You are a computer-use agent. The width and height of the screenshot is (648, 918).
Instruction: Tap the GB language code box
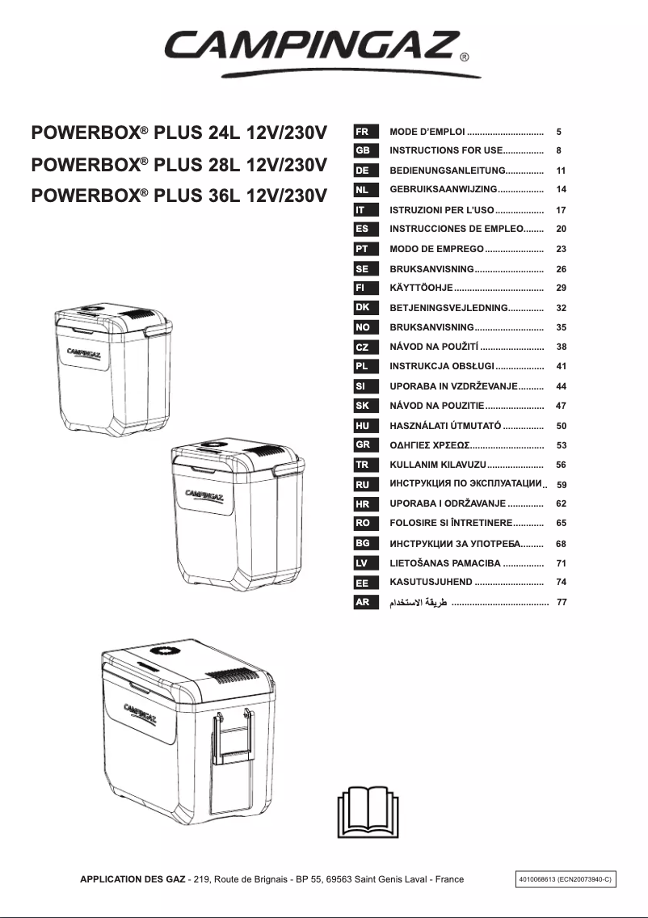click(362, 150)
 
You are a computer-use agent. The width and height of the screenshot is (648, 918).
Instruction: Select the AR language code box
click(362, 602)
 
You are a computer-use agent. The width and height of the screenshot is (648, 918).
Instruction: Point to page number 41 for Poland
click(562, 367)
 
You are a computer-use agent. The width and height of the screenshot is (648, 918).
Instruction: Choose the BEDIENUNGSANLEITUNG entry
click(447, 171)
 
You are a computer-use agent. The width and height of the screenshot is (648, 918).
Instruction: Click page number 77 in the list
click(562, 603)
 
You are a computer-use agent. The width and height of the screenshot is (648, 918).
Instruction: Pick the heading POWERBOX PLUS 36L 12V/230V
click(179, 195)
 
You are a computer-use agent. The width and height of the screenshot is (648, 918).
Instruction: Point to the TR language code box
click(362, 465)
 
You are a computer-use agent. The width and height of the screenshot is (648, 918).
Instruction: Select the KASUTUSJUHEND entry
click(431, 582)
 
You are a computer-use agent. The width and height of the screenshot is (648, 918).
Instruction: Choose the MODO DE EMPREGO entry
click(436, 250)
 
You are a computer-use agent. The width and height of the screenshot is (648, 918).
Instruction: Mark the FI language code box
click(362, 288)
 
